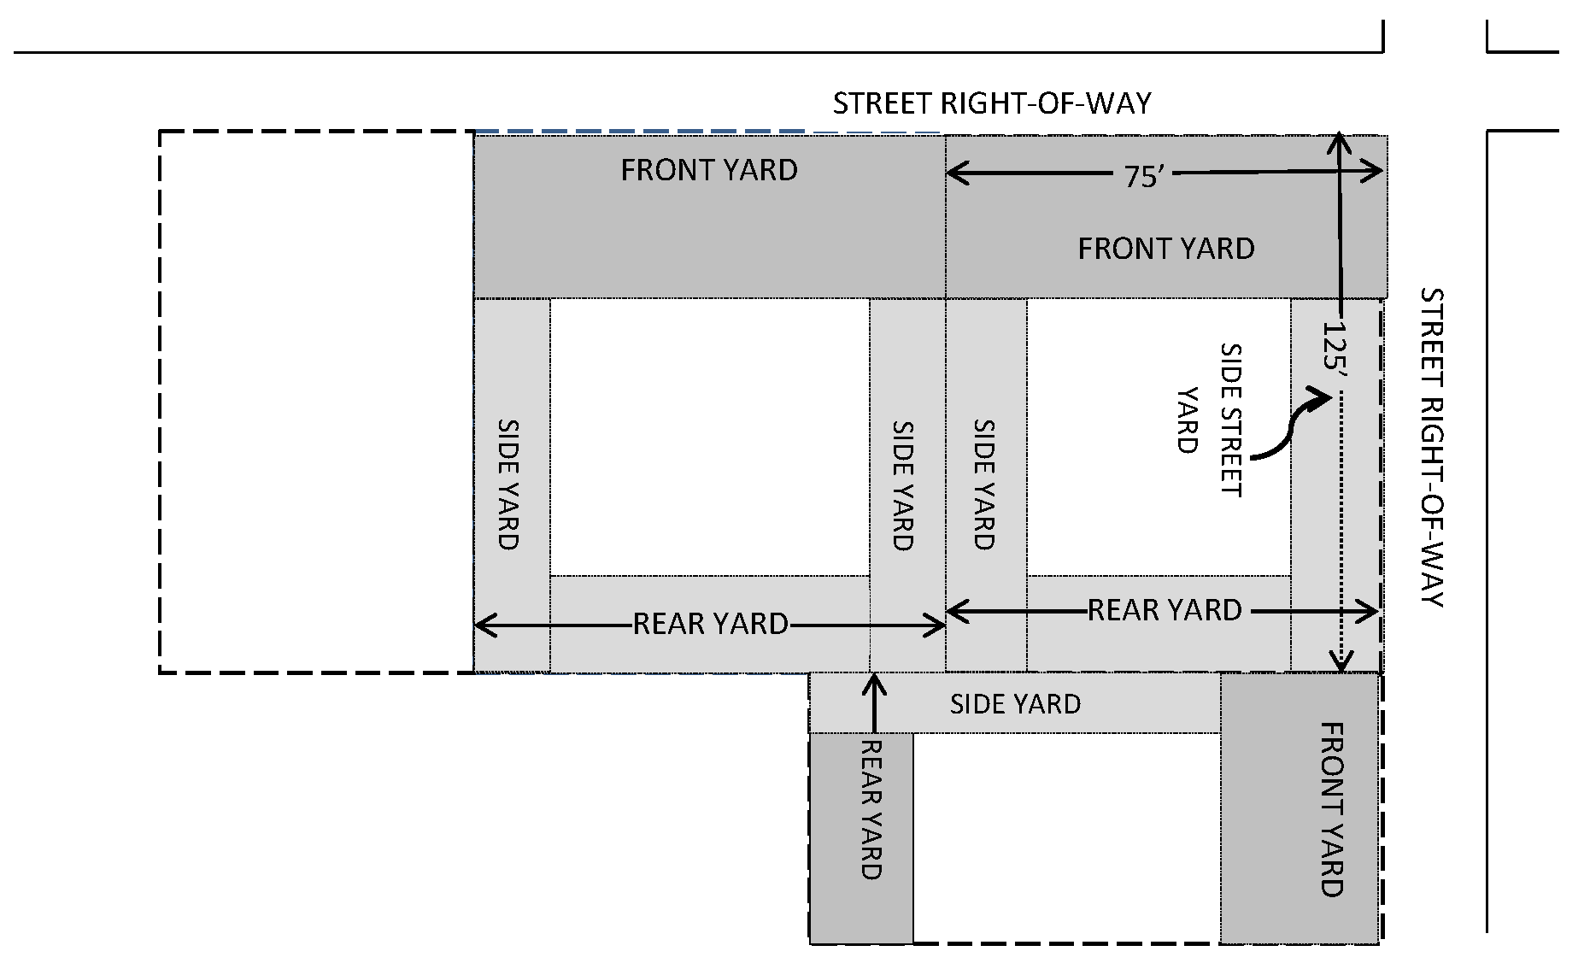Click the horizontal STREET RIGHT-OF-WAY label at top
[992, 103]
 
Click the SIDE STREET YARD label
[1209, 419]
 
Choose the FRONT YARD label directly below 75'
[1166, 249]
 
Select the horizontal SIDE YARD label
[1015, 704]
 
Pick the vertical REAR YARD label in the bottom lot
[870, 809]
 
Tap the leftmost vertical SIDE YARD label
[508, 484]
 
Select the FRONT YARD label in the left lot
[709, 171]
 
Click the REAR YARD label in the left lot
[710, 625]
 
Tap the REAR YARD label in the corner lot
[1164, 610]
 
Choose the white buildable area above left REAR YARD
[709, 437]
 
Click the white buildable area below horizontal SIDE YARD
[1065, 837]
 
